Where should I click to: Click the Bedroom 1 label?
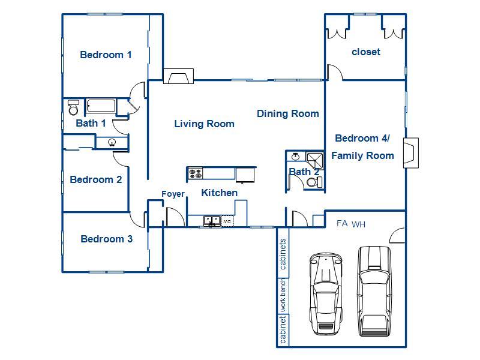tap(106, 55)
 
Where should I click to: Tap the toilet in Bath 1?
tap(73, 107)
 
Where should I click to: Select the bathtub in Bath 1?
tap(101, 106)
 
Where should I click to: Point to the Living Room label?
tap(204, 124)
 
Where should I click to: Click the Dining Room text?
tap(288, 113)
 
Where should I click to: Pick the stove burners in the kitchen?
tap(195, 173)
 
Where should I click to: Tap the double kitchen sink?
tap(212, 221)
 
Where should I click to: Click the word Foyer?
tap(173, 194)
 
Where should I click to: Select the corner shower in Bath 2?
tap(315, 160)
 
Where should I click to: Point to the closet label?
tap(366, 52)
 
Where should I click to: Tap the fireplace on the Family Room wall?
tap(411, 153)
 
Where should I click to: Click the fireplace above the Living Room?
tap(178, 76)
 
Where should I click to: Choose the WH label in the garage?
tap(358, 224)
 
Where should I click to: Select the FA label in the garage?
tap(342, 223)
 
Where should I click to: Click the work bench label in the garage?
tap(283, 295)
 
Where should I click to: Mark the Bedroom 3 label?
tap(107, 239)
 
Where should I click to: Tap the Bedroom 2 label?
tap(96, 179)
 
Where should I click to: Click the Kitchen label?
tap(219, 193)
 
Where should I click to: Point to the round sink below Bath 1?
tap(112, 142)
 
